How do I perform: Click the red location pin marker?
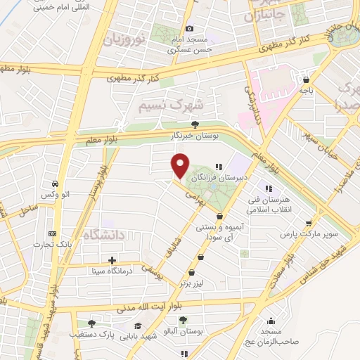click(181, 166)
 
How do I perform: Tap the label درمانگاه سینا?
click(109, 271)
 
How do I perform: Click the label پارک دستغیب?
click(82, 334)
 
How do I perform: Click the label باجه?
click(306, 91)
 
